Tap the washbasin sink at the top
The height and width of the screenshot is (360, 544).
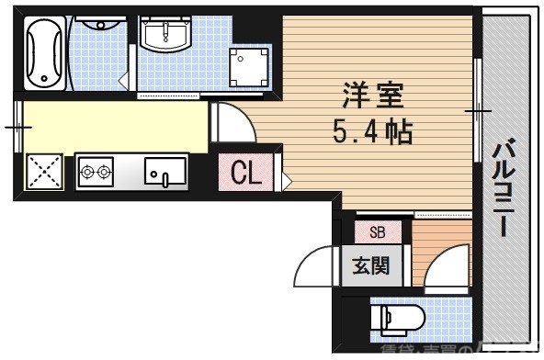click(x=164, y=38)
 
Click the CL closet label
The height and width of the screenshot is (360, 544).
click(x=244, y=173)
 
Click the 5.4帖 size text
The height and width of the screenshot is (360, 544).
click(x=372, y=130)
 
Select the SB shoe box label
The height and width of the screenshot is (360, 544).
click(x=377, y=232)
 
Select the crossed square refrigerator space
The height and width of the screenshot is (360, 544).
click(x=43, y=171)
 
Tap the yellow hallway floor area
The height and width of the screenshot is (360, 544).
click(x=110, y=126)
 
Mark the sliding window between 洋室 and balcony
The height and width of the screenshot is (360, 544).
click(x=478, y=110)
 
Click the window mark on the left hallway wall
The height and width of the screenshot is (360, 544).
click(x=17, y=126)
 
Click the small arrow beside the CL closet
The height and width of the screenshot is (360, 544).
click(x=287, y=180)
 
